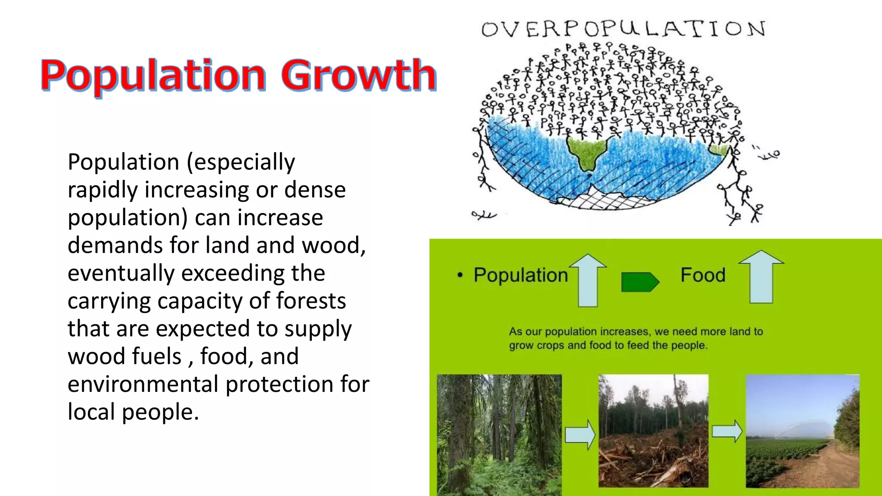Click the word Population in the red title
click(x=153, y=76)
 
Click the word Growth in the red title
click(x=359, y=75)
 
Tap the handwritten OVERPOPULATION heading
click(x=623, y=29)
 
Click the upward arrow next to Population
click(x=588, y=280)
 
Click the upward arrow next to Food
click(x=761, y=277)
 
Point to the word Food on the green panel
click(x=703, y=275)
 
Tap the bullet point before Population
click(x=460, y=275)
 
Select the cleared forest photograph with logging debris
click(x=653, y=431)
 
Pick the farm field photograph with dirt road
click(x=802, y=431)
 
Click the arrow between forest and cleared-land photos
click(x=580, y=435)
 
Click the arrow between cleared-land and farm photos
click(x=727, y=431)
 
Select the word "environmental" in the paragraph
click(x=143, y=384)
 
